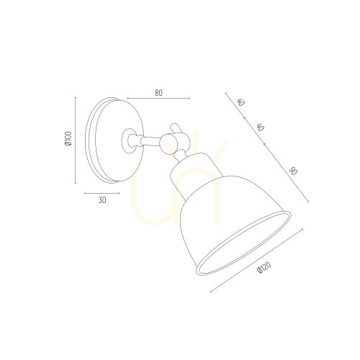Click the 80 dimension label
tap(158, 93)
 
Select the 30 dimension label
tap(102, 200)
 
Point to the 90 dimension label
tap(293, 171)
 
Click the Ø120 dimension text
tap(264, 267)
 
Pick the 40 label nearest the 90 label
tap(261, 127)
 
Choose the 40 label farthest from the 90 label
tap(241, 102)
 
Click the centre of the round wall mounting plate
tap(114, 140)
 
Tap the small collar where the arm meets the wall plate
tap(128, 140)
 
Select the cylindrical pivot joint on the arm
tap(168, 143)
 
